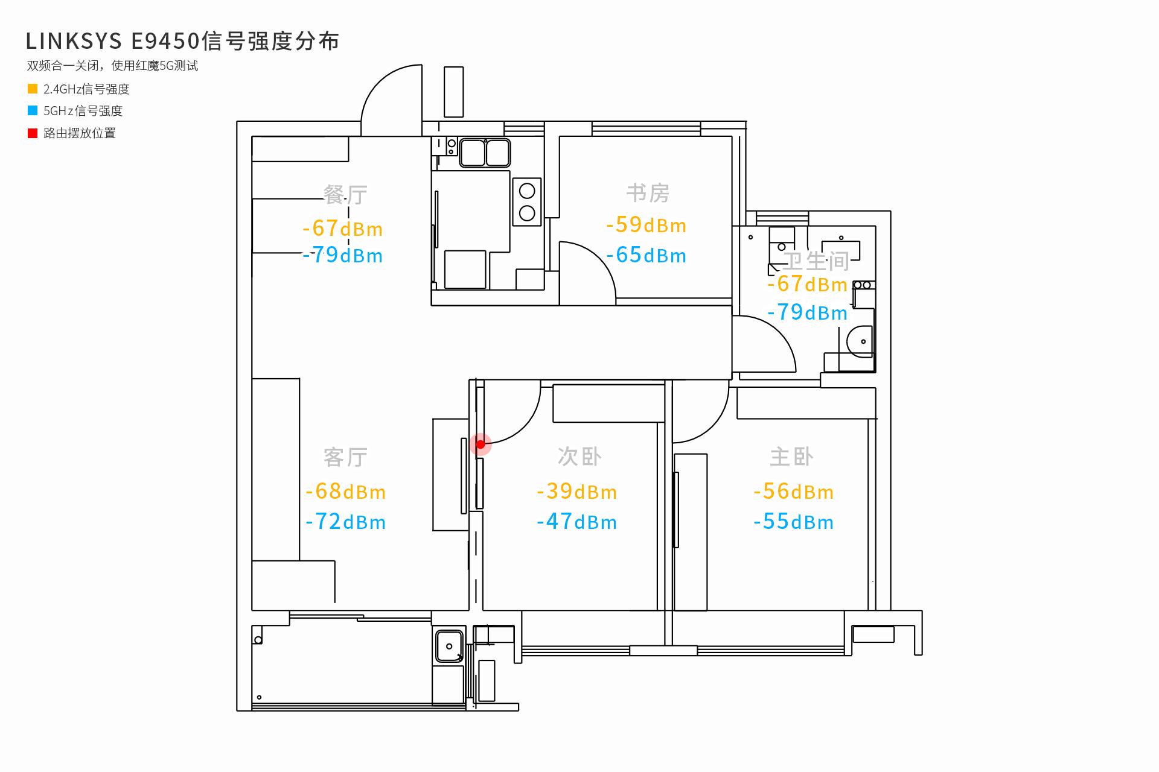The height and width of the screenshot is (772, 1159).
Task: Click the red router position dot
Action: pos(481,445)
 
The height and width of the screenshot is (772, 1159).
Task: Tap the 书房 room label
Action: pos(648,193)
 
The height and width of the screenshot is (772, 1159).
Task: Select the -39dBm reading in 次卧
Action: pos(576,492)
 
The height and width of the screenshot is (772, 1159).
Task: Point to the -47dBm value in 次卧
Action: pos(576,522)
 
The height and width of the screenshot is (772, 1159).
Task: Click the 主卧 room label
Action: pos(791,457)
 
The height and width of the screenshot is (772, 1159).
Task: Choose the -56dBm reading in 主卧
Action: pos(793,492)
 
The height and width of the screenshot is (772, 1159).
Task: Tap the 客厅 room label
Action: pos(345,457)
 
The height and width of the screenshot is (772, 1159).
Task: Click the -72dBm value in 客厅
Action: pos(345,522)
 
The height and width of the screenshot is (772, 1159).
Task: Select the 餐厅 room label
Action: pos(345,194)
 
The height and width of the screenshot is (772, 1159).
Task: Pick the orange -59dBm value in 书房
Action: pos(647,225)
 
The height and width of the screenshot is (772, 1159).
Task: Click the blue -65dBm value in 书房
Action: pos(647,255)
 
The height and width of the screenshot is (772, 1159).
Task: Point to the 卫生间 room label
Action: pos(816,261)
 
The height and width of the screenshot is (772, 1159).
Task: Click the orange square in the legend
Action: pos(33,89)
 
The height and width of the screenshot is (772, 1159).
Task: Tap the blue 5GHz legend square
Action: pos(33,110)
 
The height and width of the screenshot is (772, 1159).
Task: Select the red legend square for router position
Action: pos(33,133)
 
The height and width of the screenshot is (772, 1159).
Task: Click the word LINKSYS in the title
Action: pos(74,41)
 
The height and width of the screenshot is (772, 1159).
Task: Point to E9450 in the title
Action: pos(165,41)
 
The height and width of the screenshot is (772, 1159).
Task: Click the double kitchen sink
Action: pos(485,153)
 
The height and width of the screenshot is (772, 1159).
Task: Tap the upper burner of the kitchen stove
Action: pos(527,191)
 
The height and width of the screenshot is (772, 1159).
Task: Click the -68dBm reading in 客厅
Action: pos(345,492)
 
